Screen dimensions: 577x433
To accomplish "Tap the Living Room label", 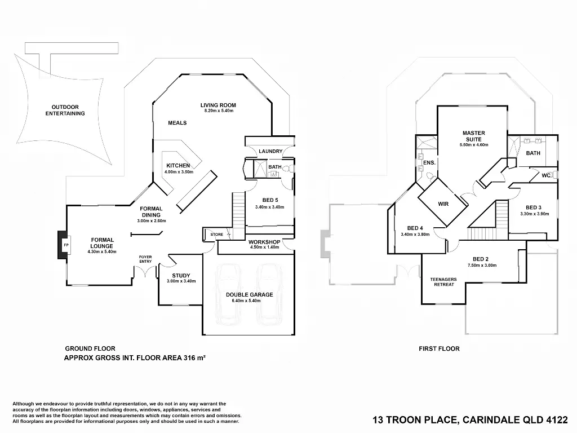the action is tap(218, 105).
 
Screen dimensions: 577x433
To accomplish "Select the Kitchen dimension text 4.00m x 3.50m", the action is tap(179, 171).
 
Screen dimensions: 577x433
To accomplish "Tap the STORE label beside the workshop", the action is tap(216, 234).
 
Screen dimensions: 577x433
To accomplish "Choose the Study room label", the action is tap(181, 276).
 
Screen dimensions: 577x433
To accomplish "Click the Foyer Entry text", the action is tap(145, 259).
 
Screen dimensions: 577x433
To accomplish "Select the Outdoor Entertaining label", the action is tap(65, 110).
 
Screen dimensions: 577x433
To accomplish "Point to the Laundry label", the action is tap(270, 152).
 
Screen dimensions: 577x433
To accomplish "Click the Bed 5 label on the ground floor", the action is tap(270, 200).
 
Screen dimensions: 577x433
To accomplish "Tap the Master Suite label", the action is tap(473, 136).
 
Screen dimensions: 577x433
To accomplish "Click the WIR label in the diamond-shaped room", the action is tap(443, 204).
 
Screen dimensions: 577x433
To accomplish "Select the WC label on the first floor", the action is tap(545, 175).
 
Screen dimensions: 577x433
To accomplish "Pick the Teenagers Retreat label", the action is tap(443, 282).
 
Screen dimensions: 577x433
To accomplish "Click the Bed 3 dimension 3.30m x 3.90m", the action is tap(534, 214).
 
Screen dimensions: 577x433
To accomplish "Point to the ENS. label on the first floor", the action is tap(429, 162).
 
